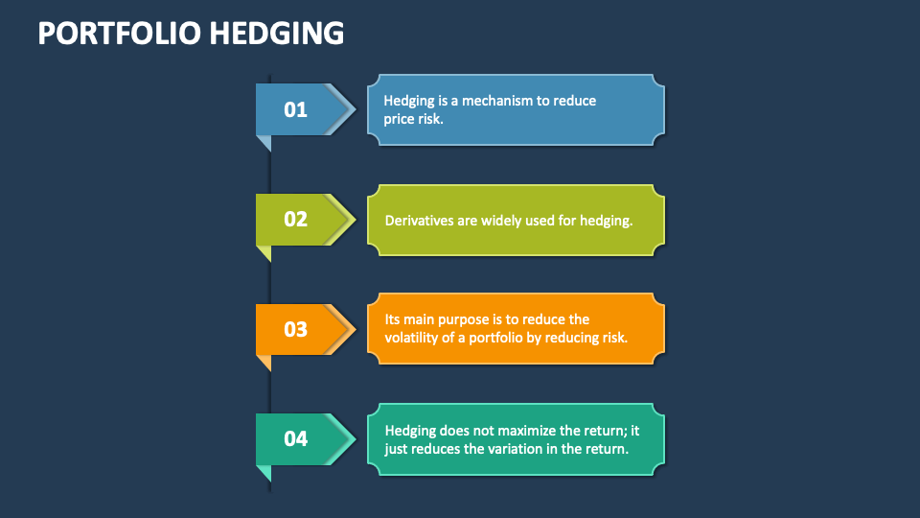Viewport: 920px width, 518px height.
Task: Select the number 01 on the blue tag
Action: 295,109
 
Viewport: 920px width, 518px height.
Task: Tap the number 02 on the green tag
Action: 295,219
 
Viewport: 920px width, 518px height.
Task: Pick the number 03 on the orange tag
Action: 295,329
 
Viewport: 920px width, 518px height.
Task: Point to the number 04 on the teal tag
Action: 295,438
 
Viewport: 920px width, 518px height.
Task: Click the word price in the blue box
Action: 401,119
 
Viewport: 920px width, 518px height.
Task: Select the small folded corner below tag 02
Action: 264,252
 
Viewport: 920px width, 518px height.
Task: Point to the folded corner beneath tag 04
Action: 264,472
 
